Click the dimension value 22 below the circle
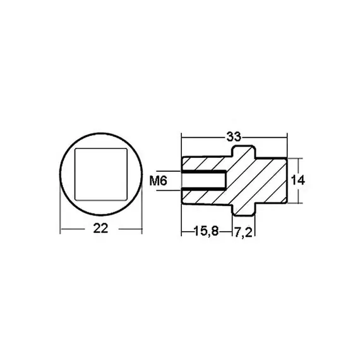tap(99, 230)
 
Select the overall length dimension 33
tap(234, 135)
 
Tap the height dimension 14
tap(299, 180)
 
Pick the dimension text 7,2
tap(244, 232)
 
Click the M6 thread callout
tap(159, 181)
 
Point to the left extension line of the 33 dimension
tap(181, 145)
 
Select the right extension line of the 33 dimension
tap(289, 145)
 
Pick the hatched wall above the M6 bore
tap(204, 163)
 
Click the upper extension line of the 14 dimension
tap(298, 157)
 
